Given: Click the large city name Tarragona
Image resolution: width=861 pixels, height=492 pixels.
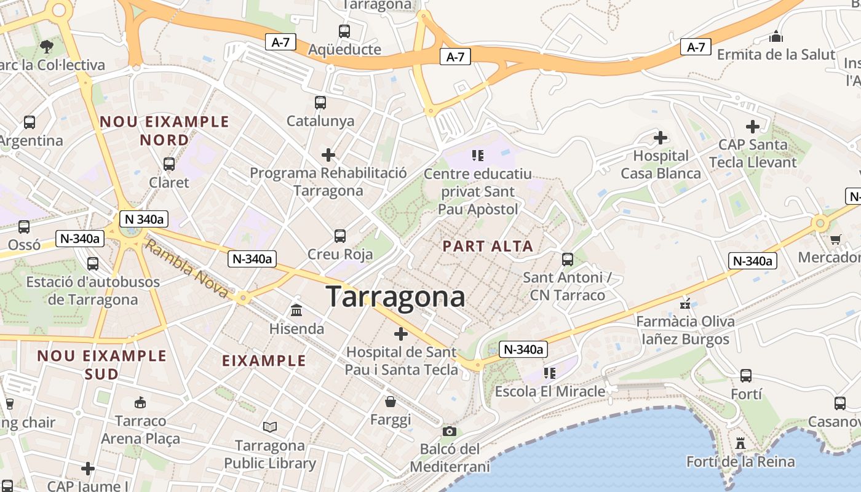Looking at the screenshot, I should coord(395,296).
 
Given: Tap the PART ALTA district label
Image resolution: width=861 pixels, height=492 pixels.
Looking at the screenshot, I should coord(488,247).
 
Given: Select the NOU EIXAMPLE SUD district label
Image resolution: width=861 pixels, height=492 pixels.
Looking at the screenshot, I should coord(101,365).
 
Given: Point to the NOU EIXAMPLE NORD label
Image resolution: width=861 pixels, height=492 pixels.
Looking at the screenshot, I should coord(164,130).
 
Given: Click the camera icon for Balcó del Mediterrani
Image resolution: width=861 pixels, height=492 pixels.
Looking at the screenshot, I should coord(450,431).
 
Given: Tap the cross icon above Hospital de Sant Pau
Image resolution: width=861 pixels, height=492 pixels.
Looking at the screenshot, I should coord(401,334).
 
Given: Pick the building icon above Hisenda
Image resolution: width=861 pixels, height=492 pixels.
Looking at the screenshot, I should coord(296,310).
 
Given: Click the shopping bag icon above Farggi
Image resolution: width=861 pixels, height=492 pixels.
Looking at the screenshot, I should coord(390,402).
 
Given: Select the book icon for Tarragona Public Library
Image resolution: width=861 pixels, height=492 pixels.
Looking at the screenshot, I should coord(269,426).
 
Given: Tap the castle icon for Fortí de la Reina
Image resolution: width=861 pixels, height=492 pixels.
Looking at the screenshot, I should coord(740,443).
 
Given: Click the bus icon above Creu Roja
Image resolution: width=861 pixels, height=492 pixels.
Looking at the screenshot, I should coord(339,236).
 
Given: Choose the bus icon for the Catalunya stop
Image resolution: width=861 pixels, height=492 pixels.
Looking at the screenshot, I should coord(320,102).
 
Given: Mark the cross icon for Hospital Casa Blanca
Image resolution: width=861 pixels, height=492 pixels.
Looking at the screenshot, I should coord(661,137).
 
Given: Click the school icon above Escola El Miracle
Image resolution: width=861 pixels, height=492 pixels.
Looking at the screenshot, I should coord(549,373).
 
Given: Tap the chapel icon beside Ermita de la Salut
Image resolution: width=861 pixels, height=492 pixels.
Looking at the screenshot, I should coord(776,36).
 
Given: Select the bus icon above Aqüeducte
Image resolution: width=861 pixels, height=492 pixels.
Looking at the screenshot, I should coord(344,31).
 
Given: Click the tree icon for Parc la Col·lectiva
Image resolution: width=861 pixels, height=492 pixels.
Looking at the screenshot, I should coord(46,46).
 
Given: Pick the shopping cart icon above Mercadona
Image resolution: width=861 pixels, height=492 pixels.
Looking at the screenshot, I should coord(835,239).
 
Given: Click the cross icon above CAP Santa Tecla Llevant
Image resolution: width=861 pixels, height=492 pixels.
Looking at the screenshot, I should coord(753,127).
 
